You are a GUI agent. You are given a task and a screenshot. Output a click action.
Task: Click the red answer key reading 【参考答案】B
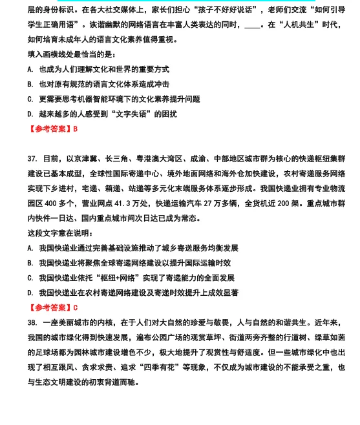pyautogui.click(x=52, y=129)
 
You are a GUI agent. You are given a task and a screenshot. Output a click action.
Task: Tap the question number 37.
pyautogui.click(x=32, y=158)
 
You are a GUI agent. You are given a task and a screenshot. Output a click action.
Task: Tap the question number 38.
pyautogui.click(x=32, y=322)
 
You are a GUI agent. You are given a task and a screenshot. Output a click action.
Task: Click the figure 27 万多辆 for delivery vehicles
pyautogui.click(x=217, y=203)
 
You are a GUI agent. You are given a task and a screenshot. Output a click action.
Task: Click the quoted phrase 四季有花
pyautogui.click(x=208, y=368)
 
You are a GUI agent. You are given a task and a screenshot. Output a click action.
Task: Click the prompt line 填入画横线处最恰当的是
pyautogui.click(x=71, y=54)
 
